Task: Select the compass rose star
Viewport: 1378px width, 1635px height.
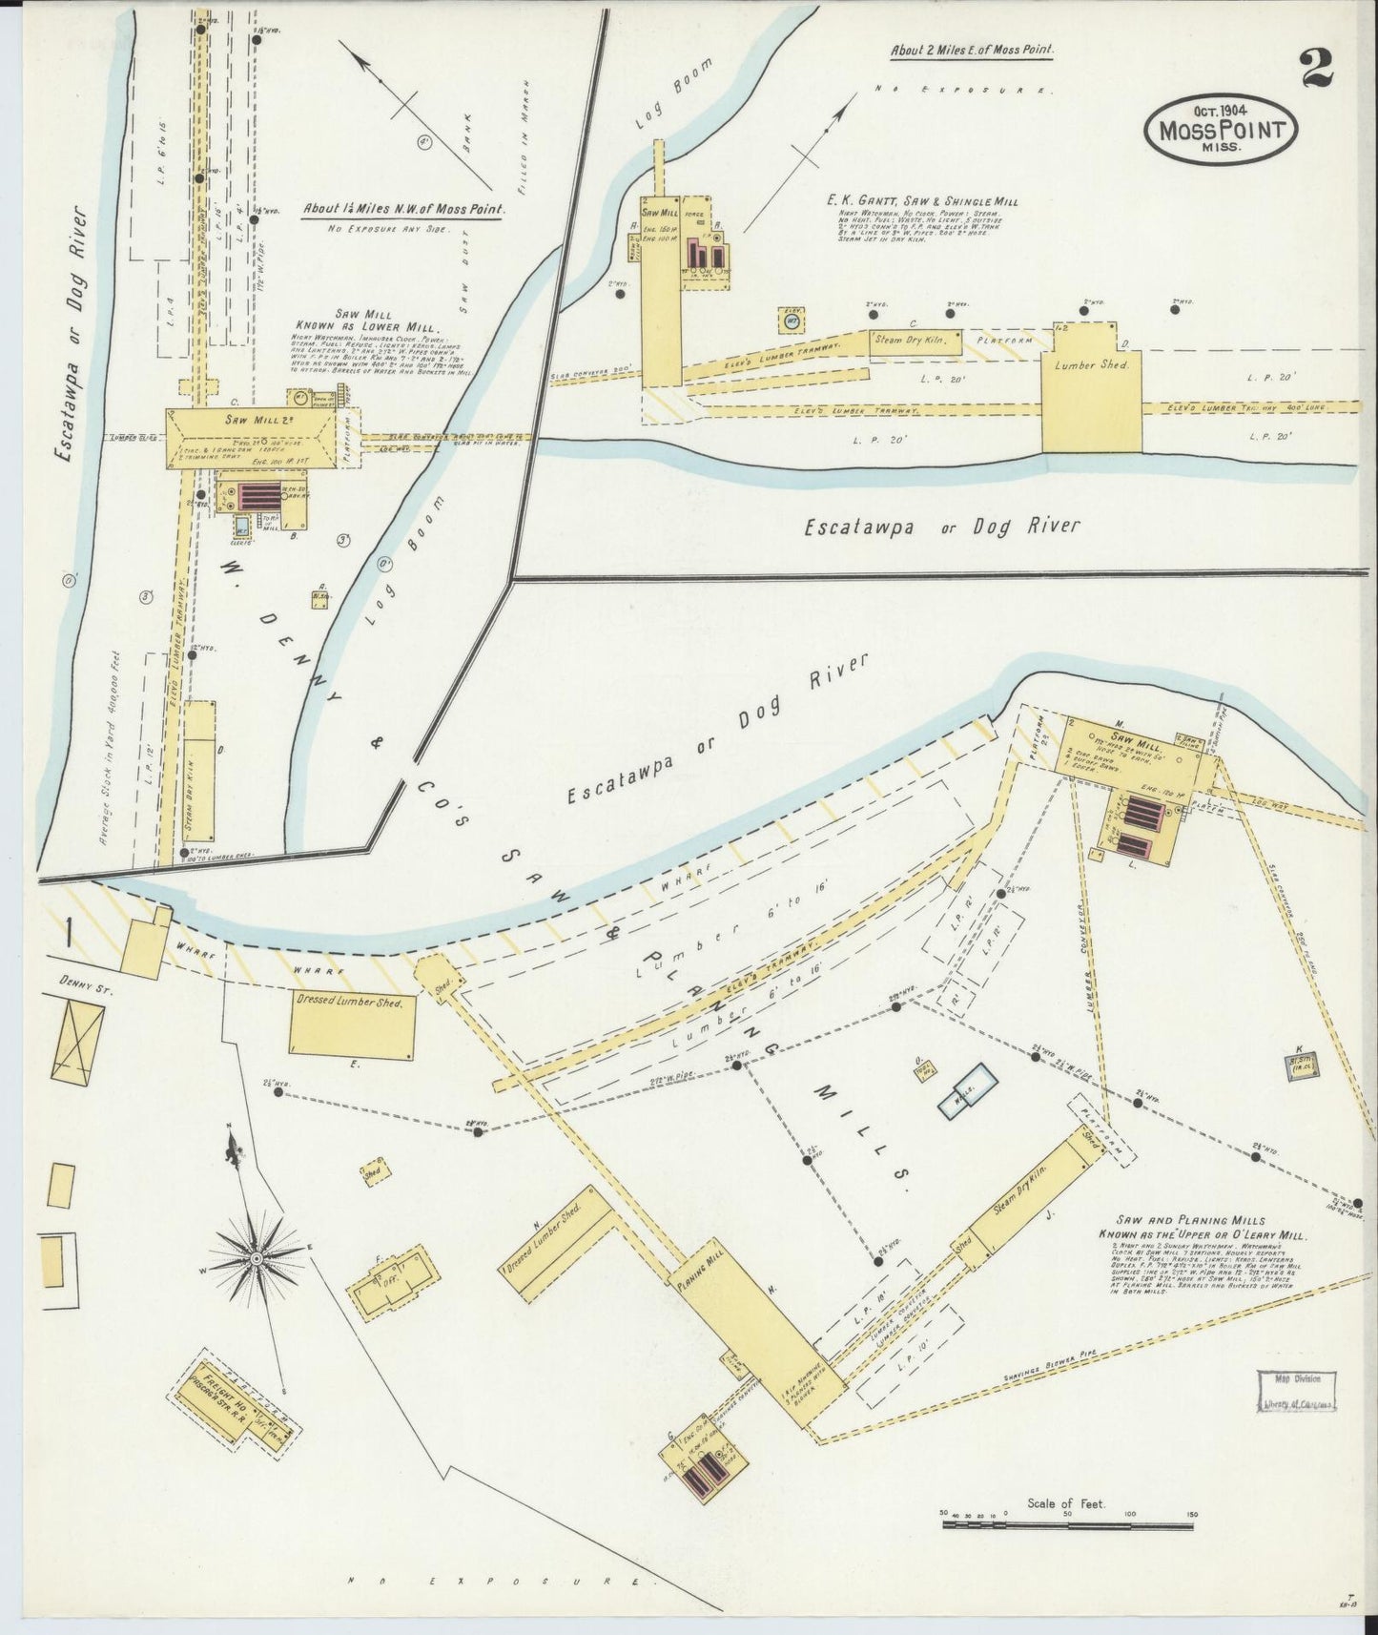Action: pyautogui.click(x=255, y=1259)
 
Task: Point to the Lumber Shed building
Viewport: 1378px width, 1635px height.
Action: pyautogui.click(x=1091, y=386)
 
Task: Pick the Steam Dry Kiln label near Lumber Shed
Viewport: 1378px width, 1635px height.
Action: pyautogui.click(x=915, y=342)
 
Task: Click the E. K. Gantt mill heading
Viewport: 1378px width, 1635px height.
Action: pyautogui.click(x=922, y=201)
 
